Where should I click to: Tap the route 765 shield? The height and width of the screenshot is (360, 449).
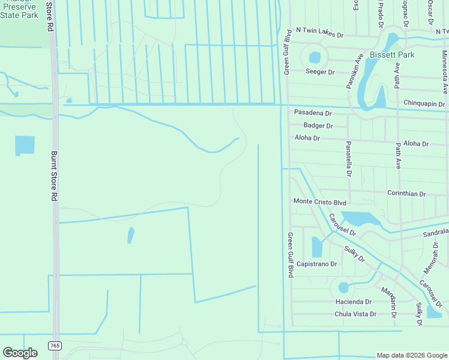[x=55, y=346]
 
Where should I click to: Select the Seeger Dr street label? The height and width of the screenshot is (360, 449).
[x=320, y=72]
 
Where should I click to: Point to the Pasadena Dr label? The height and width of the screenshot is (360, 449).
[x=313, y=113]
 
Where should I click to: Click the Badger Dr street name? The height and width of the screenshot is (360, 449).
[x=318, y=125]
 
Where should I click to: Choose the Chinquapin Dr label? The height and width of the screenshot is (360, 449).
[x=424, y=104]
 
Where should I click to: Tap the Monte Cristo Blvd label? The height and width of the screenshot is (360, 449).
[x=320, y=202]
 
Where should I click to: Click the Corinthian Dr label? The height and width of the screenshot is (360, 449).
[x=406, y=194]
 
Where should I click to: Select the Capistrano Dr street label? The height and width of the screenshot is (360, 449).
[x=316, y=263]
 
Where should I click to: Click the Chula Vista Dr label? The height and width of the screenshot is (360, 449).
[x=355, y=314]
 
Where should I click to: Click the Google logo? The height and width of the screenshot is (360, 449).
[x=20, y=353]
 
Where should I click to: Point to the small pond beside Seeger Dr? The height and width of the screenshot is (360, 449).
[x=315, y=58]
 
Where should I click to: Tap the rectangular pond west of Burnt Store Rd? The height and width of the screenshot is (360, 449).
[x=25, y=145]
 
